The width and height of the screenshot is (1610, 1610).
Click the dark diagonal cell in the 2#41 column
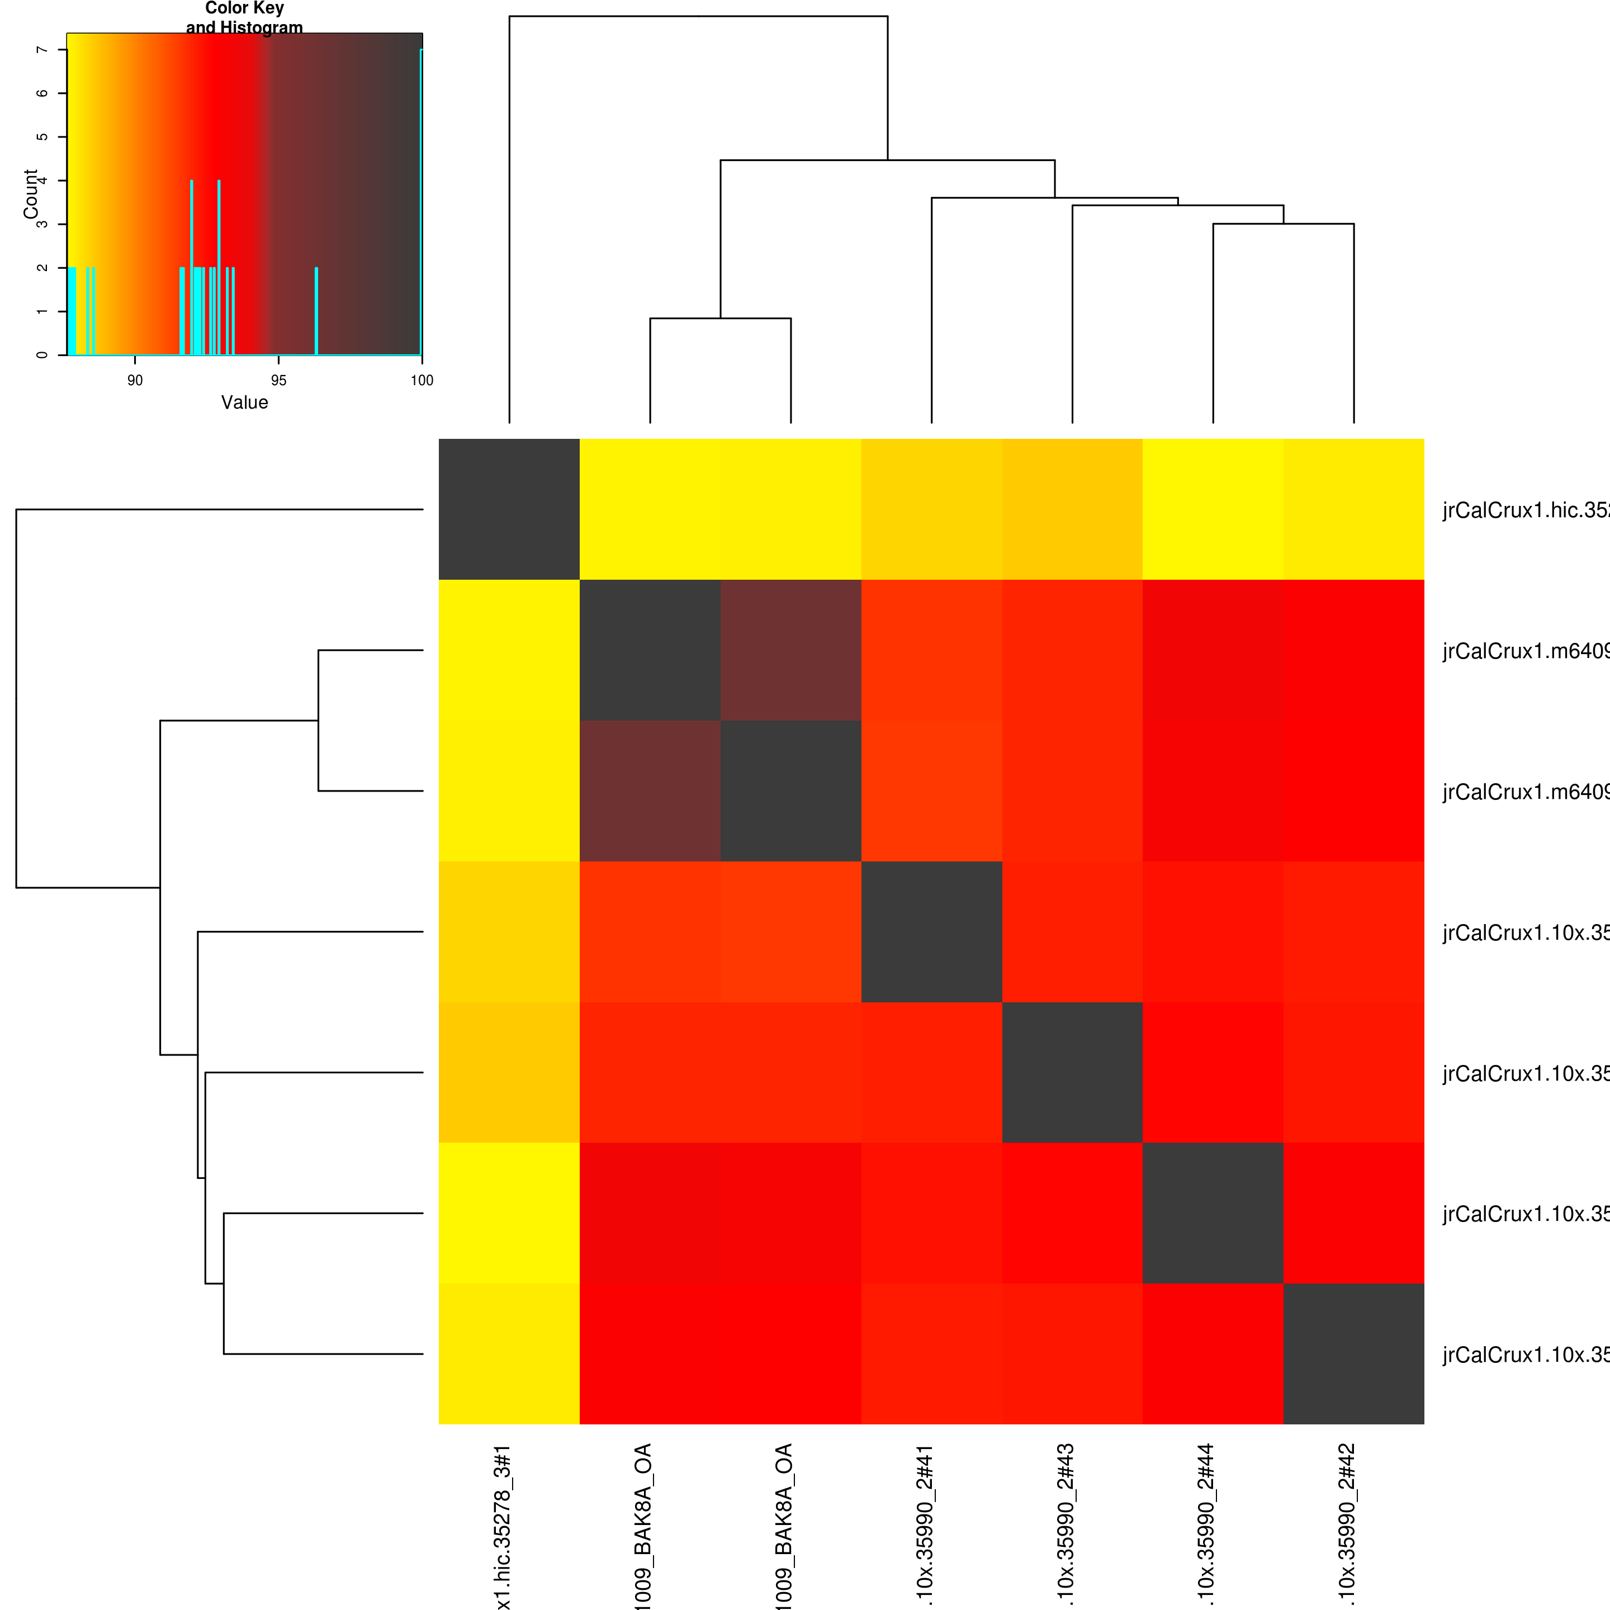click(932, 932)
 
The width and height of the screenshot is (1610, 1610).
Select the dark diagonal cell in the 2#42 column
click(1353, 1353)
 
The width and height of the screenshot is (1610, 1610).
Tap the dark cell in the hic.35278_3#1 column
click(509, 509)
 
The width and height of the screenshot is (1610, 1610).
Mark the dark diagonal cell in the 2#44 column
click(1213, 1213)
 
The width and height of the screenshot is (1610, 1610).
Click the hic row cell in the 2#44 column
click(1213, 509)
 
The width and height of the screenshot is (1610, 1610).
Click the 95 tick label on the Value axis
click(278, 381)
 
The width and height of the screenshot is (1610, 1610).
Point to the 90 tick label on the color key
click(135, 381)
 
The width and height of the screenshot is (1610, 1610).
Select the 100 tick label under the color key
click(422, 381)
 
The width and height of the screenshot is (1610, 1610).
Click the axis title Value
click(244, 402)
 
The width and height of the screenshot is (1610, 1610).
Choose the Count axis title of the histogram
click(31, 193)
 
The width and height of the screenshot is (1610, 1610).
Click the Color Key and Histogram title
click(244, 17)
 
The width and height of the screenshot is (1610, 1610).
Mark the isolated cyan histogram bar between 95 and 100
click(316, 311)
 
